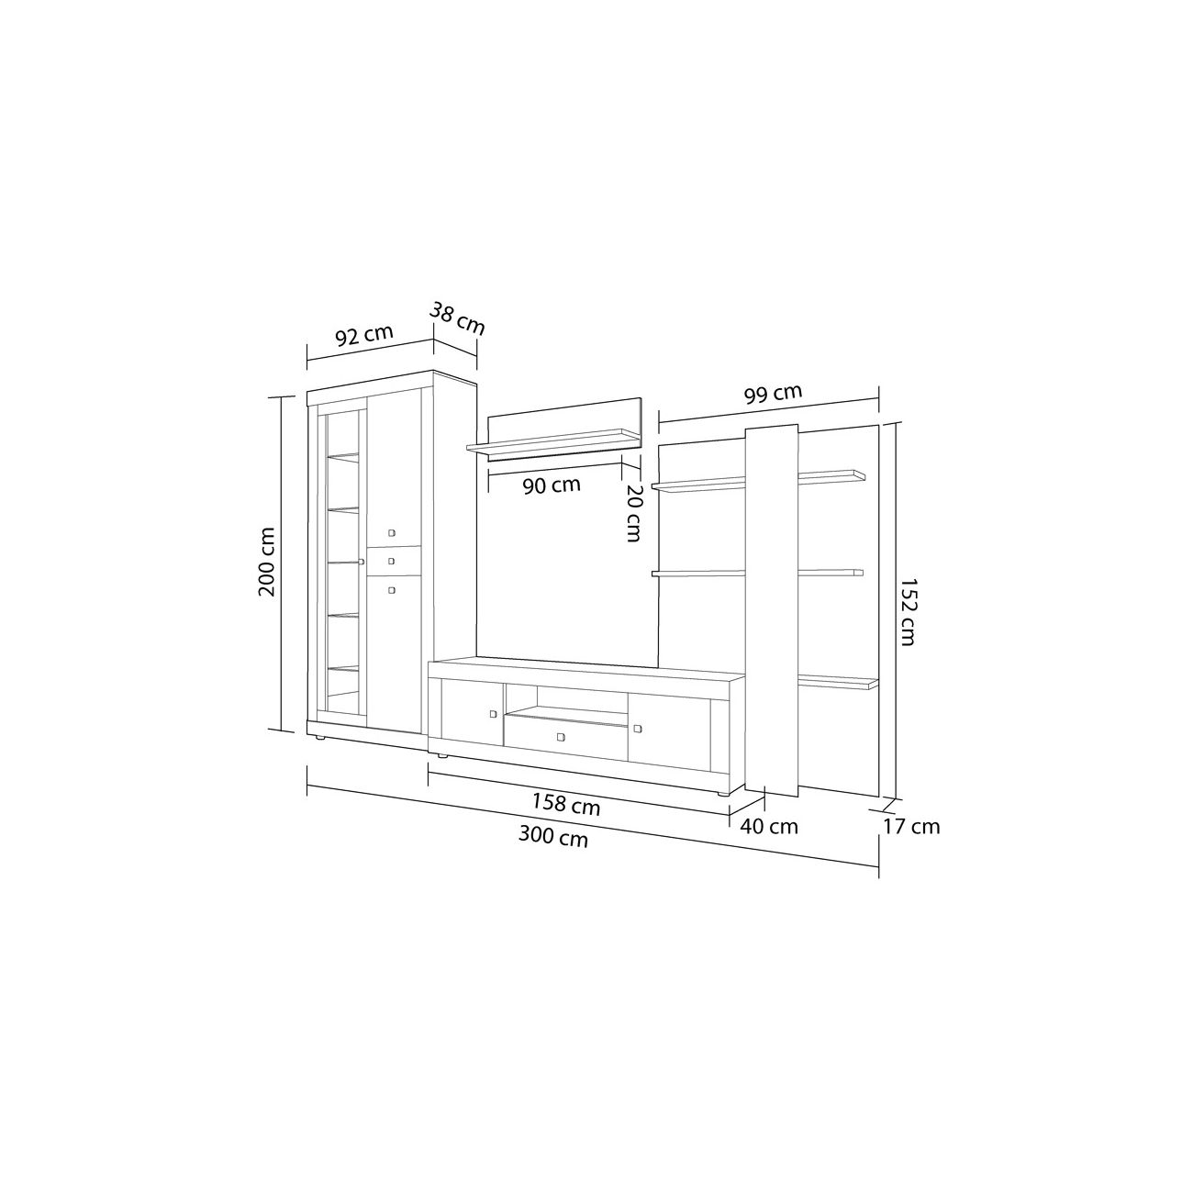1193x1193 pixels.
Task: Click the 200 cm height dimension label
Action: point(267,562)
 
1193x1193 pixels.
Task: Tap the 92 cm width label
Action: point(364,335)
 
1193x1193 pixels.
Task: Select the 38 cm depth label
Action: point(458,318)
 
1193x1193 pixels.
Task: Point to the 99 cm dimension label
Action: point(773,395)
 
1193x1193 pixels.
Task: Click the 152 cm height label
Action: point(908,612)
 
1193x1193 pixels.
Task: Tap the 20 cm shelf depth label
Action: point(633,512)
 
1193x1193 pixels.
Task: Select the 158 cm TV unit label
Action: point(566,804)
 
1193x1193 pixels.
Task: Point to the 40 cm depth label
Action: point(769,827)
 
